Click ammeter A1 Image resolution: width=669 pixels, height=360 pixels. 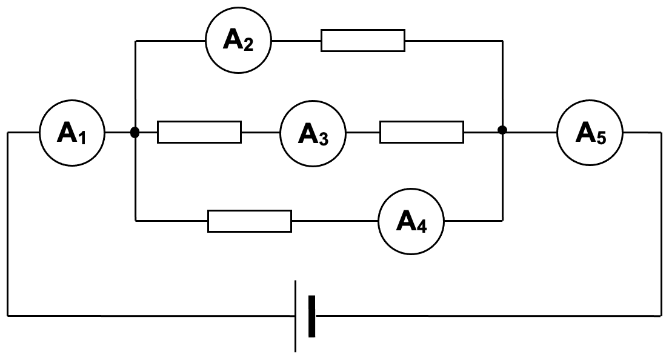pyautogui.click(x=72, y=133)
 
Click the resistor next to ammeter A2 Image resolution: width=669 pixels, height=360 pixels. pyautogui.click(x=363, y=41)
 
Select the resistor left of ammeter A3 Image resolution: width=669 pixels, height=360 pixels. pyautogui.click(x=199, y=132)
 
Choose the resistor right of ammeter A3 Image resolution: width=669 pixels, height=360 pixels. pyautogui.click(x=422, y=132)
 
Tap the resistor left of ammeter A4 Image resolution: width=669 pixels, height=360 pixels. pyautogui.click(x=250, y=221)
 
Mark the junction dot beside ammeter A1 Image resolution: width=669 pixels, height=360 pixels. pyautogui.click(x=135, y=132)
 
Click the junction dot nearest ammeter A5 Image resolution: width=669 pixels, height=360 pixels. pyautogui.click(x=502, y=130)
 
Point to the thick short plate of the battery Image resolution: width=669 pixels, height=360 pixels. pyautogui.click(x=311, y=316)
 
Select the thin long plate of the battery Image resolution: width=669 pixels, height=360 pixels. pyautogui.click(x=296, y=316)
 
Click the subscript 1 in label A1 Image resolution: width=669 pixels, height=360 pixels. pyautogui.click(x=82, y=138)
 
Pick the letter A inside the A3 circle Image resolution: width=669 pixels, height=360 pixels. pyautogui.click(x=307, y=133)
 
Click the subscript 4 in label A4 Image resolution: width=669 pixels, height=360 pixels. pyautogui.click(x=422, y=227)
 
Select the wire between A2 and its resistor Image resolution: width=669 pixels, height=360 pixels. pyautogui.click(x=296, y=41)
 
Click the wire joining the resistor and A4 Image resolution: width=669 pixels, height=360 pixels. pyautogui.click(x=334, y=221)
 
